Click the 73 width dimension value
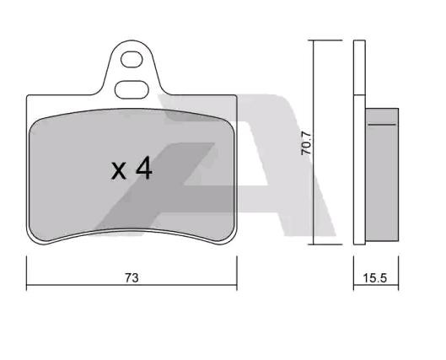132,278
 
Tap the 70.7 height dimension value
307,143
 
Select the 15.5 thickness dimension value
375,278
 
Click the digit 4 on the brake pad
144,169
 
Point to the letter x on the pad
118,171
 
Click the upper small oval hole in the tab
132,59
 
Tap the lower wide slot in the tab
132,90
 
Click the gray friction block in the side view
382,175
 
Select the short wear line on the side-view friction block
382,125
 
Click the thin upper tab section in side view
359,67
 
